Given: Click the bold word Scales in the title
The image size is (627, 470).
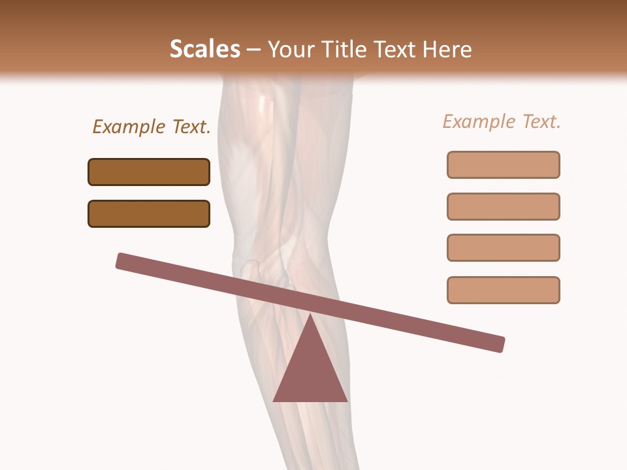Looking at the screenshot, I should (204, 50).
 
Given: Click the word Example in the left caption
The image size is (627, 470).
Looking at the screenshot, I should (129, 127).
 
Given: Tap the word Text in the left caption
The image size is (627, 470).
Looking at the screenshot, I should (190, 127).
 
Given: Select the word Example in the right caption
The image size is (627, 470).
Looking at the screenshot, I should (479, 121).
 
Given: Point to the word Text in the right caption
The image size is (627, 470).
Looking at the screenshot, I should (540, 121).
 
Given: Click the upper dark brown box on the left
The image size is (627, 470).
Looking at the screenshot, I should (149, 172).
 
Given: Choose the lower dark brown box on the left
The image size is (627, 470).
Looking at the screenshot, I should (149, 213).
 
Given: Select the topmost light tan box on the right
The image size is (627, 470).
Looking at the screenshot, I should (503, 164).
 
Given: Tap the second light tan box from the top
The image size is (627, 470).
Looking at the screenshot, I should (503, 206).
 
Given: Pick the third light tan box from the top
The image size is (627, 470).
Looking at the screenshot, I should (503, 247).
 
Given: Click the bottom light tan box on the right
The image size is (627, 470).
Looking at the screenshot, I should (503, 290).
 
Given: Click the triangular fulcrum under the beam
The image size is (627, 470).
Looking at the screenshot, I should (310, 372).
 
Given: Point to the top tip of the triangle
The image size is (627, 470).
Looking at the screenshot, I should (310, 316).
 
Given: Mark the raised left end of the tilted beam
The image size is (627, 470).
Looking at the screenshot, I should (122, 260).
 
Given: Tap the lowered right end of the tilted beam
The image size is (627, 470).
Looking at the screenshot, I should (499, 344).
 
